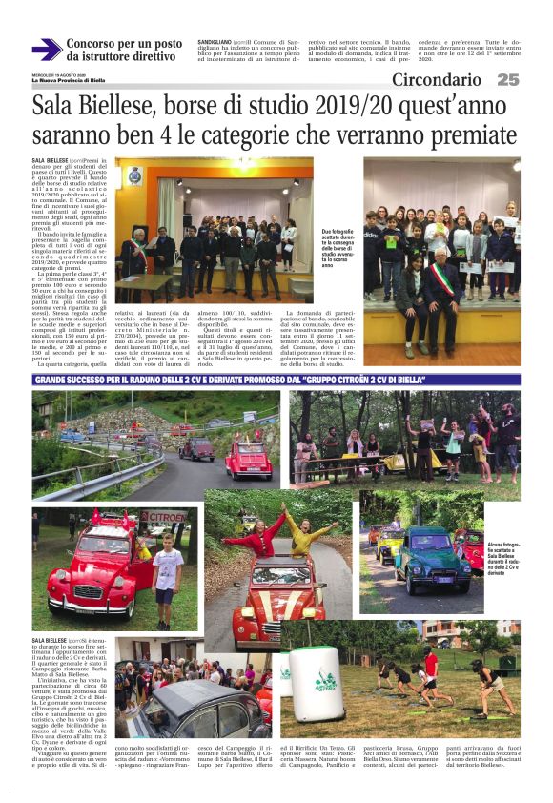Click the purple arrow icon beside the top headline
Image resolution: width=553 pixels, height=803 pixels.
tap(46, 50)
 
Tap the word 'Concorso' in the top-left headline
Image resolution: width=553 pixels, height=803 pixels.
tap(96, 44)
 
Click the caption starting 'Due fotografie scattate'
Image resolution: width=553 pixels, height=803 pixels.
tap(339, 246)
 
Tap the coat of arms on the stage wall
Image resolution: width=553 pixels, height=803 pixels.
tap(133, 175)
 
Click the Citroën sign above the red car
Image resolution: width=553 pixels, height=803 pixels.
tap(168, 517)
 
